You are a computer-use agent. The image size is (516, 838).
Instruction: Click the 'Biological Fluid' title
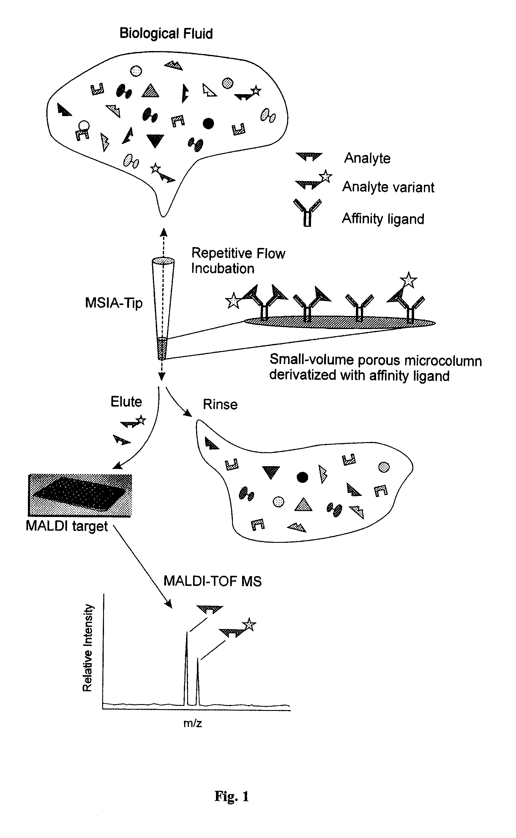point(166,34)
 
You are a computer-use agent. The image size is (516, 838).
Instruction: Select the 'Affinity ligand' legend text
point(383,219)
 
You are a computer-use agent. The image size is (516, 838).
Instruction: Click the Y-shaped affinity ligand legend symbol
point(307,213)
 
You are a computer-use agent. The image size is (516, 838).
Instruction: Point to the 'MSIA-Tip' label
point(114,303)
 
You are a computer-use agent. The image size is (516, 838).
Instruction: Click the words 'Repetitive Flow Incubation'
point(238,260)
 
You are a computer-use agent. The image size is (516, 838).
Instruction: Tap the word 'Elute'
point(126,401)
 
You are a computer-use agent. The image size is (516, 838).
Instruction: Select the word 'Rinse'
point(220,404)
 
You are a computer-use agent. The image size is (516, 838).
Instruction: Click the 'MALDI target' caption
point(67,526)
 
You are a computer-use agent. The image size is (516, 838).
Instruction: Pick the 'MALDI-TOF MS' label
point(213,581)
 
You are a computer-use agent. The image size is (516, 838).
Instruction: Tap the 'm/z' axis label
point(192,723)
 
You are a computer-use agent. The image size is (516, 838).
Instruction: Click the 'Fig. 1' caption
point(232,796)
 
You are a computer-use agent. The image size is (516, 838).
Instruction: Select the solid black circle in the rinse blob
point(302,477)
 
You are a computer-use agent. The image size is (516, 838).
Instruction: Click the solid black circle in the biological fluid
point(208,123)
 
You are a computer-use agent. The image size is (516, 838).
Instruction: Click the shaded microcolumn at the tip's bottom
point(162,349)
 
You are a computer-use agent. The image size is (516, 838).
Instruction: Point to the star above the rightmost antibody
point(408,280)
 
